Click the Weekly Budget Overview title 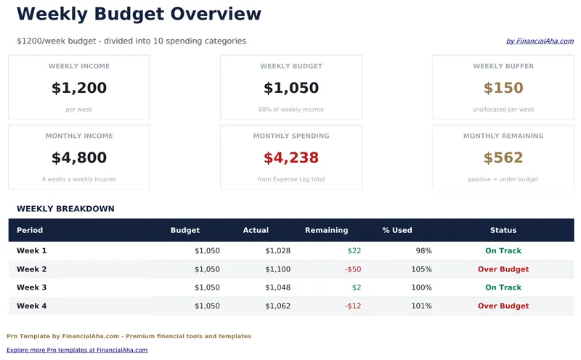[x=139, y=14]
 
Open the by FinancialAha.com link [x=540, y=41]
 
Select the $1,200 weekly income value [x=79, y=89]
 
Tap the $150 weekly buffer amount [x=503, y=89]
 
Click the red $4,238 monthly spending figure [x=291, y=158]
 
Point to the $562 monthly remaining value [x=503, y=158]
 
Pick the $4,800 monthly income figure [x=79, y=158]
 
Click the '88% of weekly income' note [x=291, y=110]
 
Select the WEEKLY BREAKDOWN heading [x=65, y=209]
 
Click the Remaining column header [x=326, y=230]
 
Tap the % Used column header [x=397, y=230]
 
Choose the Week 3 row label [x=32, y=287]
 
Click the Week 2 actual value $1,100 [x=277, y=269]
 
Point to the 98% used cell [x=423, y=251]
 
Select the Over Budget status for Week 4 [x=503, y=306]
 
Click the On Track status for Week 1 [x=503, y=251]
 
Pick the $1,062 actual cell [x=277, y=306]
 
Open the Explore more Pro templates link [x=77, y=350]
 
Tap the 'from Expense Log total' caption [x=291, y=179]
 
